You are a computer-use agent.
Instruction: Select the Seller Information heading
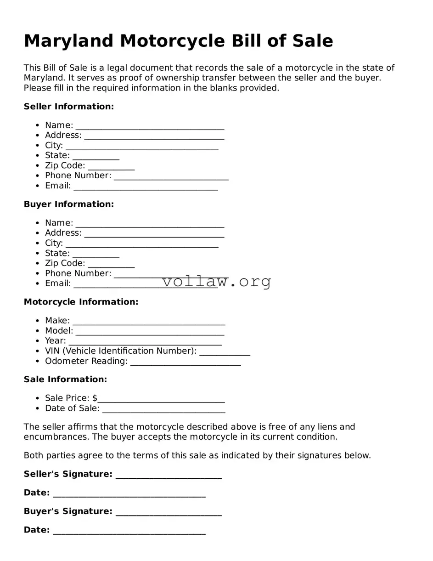[68, 107]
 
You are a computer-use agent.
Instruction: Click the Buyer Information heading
[68, 204]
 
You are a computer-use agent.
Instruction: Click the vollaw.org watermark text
[217, 281]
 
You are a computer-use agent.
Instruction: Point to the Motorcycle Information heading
[81, 302]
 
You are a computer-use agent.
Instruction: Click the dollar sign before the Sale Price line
[95, 398]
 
